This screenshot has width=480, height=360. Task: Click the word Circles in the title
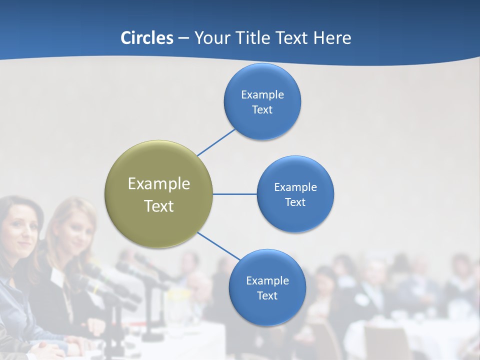click(147, 38)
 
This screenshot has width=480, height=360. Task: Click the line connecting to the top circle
click(216, 142)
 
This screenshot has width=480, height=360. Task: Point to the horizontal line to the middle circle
click(234, 194)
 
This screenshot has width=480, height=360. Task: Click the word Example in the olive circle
click(158, 183)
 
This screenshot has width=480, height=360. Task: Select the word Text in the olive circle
click(158, 206)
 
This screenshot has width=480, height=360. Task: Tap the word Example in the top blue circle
click(262, 94)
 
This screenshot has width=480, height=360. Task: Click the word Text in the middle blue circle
click(295, 202)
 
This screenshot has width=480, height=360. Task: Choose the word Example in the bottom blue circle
click(267, 280)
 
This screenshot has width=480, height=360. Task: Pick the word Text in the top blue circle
click(262, 109)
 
